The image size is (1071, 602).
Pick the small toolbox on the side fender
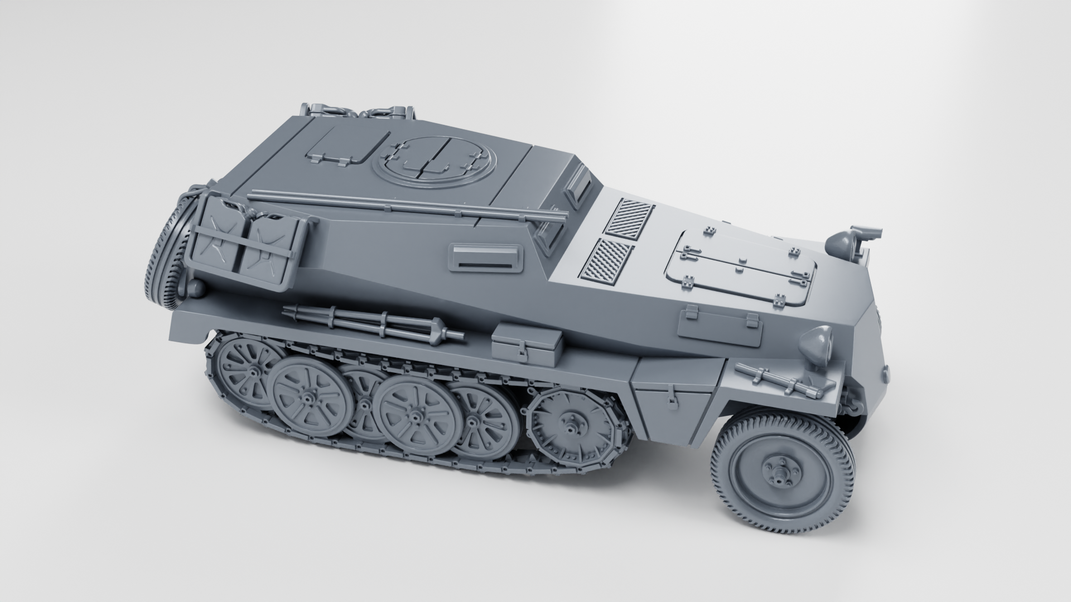(525, 344)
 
